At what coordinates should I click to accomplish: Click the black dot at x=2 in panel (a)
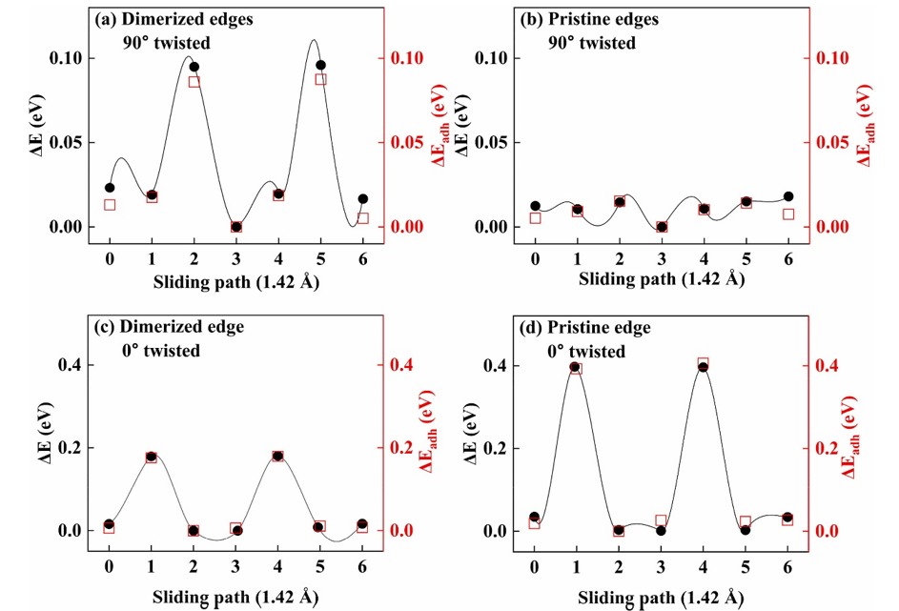(x=194, y=67)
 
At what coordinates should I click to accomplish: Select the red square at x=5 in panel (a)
(x=321, y=79)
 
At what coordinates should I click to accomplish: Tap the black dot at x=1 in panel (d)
(x=575, y=367)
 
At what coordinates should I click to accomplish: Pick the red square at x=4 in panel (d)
(x=704, y=364)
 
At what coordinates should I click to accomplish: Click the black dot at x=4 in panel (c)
(x=278, y=457)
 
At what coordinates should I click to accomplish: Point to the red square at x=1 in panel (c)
(x=152, y=458)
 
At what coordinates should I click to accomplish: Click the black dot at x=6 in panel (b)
(x=788, y=196)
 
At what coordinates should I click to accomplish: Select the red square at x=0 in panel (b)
(x=535, y=218)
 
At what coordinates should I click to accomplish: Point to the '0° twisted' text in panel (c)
(x=160, y=351)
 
